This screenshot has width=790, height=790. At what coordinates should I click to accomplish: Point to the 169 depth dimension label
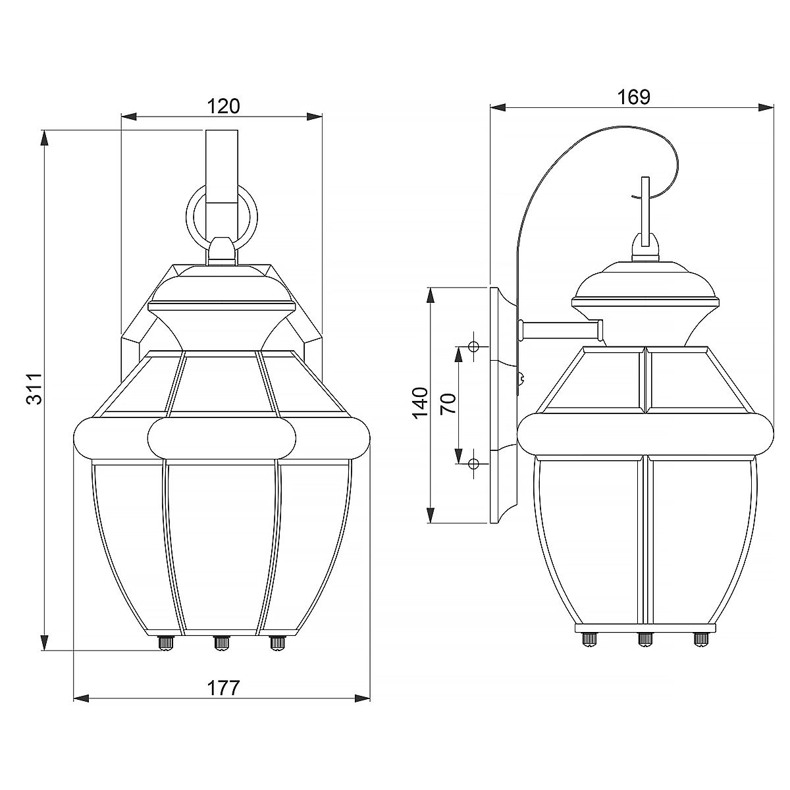coord(633,97)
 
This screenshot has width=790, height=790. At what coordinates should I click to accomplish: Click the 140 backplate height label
coord(419,402)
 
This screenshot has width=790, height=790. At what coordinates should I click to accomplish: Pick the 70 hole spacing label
coord(448,402)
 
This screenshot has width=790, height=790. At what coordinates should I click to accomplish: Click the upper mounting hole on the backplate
coord(473,347)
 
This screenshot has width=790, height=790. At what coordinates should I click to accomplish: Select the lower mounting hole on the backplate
coord(473,464)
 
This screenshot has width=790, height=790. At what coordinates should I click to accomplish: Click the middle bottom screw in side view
coord(645,637)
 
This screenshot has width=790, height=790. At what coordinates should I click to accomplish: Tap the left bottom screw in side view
coord(587,637)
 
